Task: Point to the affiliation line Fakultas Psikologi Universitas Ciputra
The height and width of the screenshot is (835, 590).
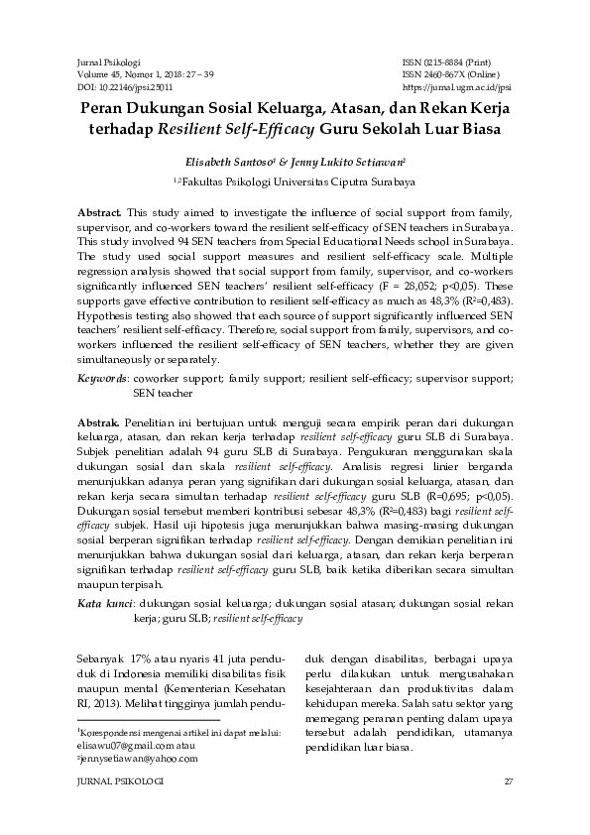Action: pyautogui.click(x=296, y=182)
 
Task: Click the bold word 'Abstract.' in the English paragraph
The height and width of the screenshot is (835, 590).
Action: pyautogui.click(x=100, y=213)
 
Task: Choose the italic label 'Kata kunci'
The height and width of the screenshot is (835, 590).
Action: pyautogui.click(x=105, y=603)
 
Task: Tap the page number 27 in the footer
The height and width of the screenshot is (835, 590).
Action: pyautogui.click(x=508, y=782)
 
